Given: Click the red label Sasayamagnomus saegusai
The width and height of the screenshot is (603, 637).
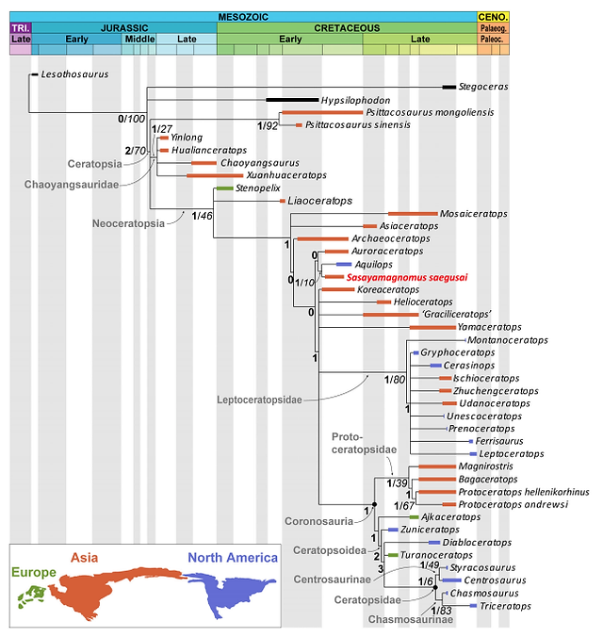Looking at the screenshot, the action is pyautogui.click(x=407, y=277).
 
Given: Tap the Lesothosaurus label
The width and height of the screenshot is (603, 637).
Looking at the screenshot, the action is pyautogui.click(x=74, y=74).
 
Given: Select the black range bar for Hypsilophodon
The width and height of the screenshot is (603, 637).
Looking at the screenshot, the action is pyautogui.click(x=292, y=100).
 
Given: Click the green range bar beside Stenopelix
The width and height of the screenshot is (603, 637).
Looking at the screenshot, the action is pyautogui.click(x=224, y=188).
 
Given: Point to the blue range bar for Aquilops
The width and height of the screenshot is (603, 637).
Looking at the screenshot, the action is pyautogui.click(x=344, y=265).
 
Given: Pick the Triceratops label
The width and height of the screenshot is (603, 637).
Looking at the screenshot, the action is pyautogui.click(x=505, y=606).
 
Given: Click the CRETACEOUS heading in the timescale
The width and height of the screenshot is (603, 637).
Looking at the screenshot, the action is pyautogui.click(x=347, y=28).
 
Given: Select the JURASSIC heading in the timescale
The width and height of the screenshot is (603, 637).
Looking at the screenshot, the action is pyautogui.click(x=124, y=28).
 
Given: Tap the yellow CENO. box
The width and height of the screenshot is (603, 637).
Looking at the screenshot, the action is pyautogui.click(x=493, y=17).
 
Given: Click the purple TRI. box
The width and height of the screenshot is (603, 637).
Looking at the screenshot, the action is pyautogui.click(x=21, y=28).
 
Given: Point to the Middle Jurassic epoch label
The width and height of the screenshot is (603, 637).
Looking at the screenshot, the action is pyautogui.click(x=139, y=39).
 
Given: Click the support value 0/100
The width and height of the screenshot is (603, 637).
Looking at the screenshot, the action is pyautogui.click(x=131, y=119).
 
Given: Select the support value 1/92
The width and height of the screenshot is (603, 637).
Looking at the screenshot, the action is pyautogui.click(x=268, y=126).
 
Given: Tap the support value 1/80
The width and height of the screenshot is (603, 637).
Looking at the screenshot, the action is pyautogui.click(x=395, y=380).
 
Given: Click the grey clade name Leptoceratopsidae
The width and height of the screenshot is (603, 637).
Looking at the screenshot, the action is pyautogui.click(x=259, y=400).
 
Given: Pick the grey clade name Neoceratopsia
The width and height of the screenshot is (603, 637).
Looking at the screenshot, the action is pyautogui.click(x=128, y=223).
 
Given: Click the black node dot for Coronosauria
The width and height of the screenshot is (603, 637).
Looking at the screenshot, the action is pyautogui.click(x=375, y=504).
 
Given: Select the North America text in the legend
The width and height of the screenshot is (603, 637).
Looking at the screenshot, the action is pyautogui.click(x=233, y=558).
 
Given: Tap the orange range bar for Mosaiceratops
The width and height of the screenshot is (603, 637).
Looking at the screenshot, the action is pyautogui.click(x=413, y=214).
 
